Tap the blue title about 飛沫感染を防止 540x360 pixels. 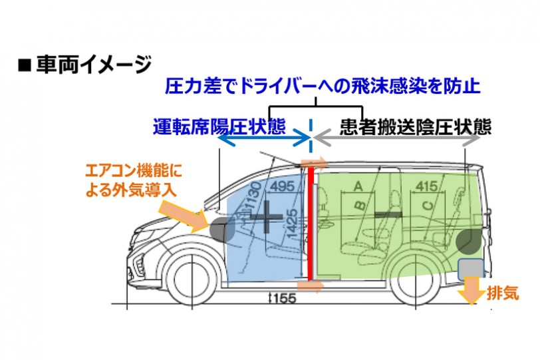(x=323, y=86)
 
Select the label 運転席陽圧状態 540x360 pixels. (x=219, y=126)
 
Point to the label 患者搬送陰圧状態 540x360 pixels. (x=416, y=127)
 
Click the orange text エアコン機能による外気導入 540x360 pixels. (x=134, y=180)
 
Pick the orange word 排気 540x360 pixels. (x=503, y=293)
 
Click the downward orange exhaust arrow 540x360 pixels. (x=471, y=290)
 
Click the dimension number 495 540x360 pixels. (x=283, y=186)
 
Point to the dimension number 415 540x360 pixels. (x=427, y=186)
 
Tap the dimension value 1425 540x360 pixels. (x=292, y=223)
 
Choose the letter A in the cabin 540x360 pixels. (x=358, y=186)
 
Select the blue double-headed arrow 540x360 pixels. (x=265, y=138)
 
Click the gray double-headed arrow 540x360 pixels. (x=397, y=139)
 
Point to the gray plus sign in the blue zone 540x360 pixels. (x=266, y=216)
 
